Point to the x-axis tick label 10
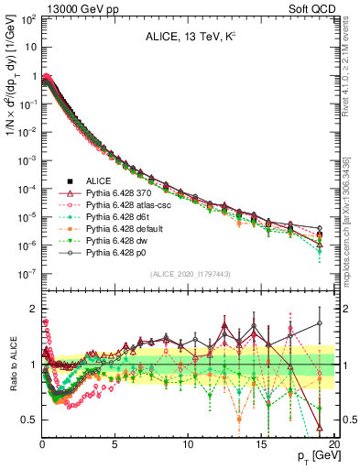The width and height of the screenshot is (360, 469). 187,443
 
